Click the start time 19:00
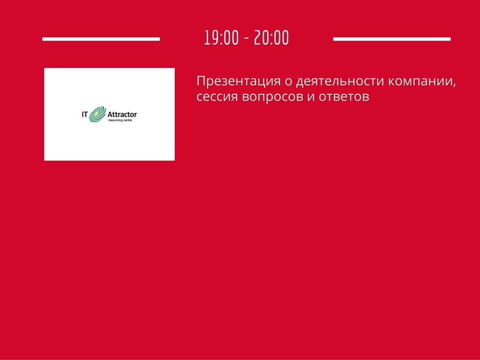221,37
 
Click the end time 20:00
271,37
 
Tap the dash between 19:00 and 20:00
247,39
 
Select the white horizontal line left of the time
101,39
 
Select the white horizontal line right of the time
392,39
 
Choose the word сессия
217,97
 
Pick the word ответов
344,97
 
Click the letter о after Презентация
288,82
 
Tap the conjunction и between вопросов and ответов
311,97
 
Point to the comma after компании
454,85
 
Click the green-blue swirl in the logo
97,114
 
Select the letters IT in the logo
85,114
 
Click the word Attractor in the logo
122,114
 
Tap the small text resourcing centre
120,120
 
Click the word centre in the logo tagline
127,120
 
